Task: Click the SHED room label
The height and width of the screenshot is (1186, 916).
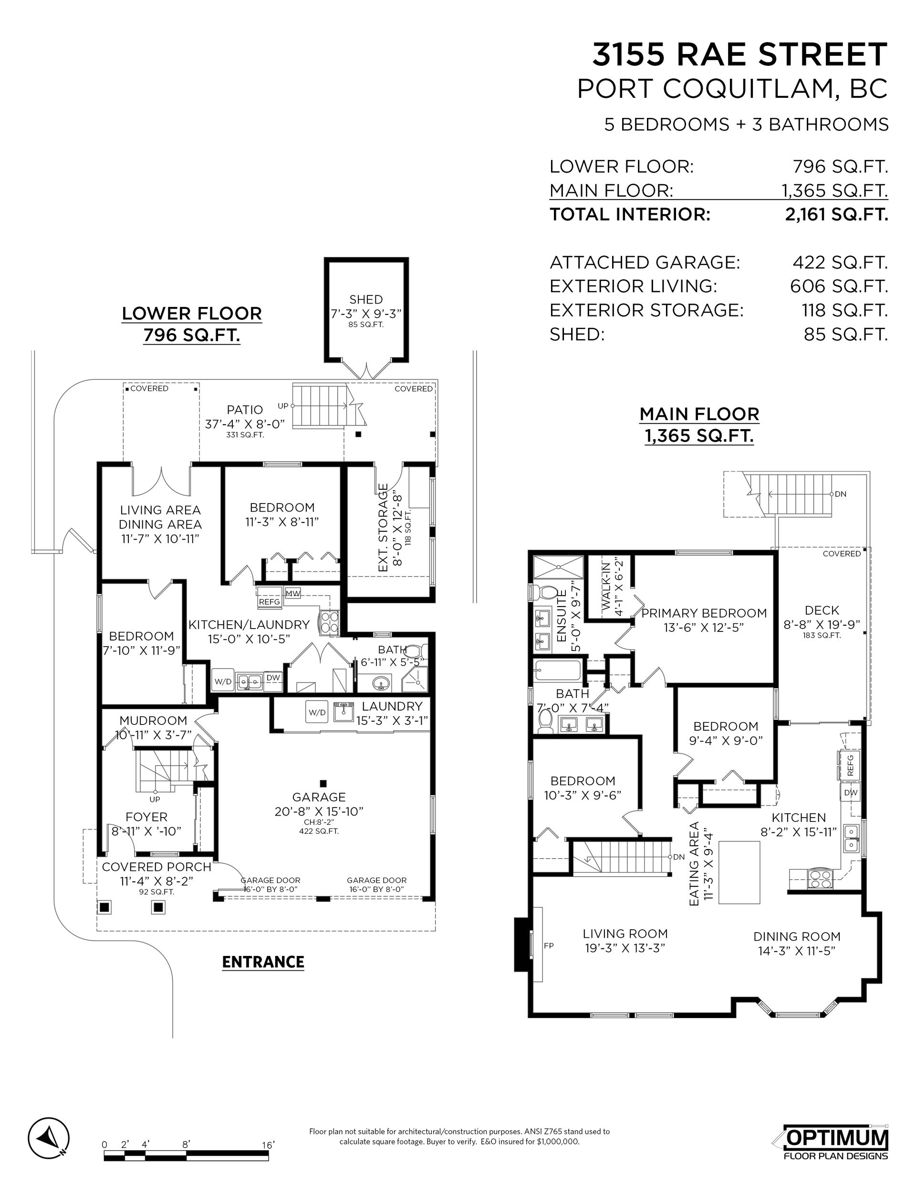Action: [x=366, y=299]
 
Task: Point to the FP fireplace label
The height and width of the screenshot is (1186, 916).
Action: [x=548, y=945]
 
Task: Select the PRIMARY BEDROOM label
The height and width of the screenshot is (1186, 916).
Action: [x=704, y=613]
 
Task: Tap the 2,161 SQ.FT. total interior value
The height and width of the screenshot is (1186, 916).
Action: [x=836, y=214]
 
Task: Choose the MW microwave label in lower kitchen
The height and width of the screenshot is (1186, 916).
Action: [x=292, y=594]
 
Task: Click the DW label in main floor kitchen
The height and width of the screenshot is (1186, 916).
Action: [x=851, y=792]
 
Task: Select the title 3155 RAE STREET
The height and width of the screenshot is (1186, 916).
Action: [x=739, y=54]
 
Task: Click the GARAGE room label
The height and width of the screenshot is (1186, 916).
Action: [x=319, y=797]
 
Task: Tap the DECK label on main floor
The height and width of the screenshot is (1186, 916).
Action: [x=822, y=610]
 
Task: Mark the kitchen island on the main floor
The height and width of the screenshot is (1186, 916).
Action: [x=739, y=872]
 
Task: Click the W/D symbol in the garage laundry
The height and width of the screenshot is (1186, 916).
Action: [x=317, y=712]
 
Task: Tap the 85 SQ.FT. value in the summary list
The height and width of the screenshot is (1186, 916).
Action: [x=846, y=334]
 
